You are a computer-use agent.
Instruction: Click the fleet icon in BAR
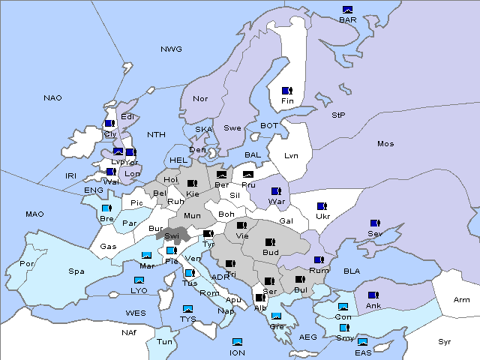pyautogui.click(x=347, y=10)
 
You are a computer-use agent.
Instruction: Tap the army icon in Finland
pyautogui.click(x=286, y=91)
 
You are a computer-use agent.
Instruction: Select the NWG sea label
pyautogui.click(x=171, y=49)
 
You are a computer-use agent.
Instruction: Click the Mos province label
pyautogui.click(x=385, y=143)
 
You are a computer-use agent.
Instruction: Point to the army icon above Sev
pyautogui.click(x=373, y=223)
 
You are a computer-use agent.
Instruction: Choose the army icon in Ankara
pyautogui.click(x=372, y=295)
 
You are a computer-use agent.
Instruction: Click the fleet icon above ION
pyautogui.click(x=237, y=342)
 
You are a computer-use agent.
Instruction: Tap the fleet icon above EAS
pyautogui.click(x=362, y=342)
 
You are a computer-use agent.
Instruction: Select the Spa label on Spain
pyautogui.click(x=76, y=271)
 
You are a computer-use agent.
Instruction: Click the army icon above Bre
pyautogui.click(x=106, y=208)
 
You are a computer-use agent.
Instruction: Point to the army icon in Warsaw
pyautogui.click(x=276, y=191)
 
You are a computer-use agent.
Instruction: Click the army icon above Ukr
pyautogui.click(x=322, y=206)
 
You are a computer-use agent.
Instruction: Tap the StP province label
pyautogui.click(x=338, y=115)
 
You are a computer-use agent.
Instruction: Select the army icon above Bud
pyautogui.click(x=269, y=242)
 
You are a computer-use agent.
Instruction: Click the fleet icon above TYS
pyautogui.click(x=187, y=309)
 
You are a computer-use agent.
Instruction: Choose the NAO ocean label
pyautogui.click(x=52, y=97)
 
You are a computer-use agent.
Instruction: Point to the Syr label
pyautogui.click(x=445, y=341)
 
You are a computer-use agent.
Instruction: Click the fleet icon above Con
pyautogui.click(x=343, y=307)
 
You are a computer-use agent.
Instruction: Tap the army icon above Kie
pyautogui.click(x=193, y=184)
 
